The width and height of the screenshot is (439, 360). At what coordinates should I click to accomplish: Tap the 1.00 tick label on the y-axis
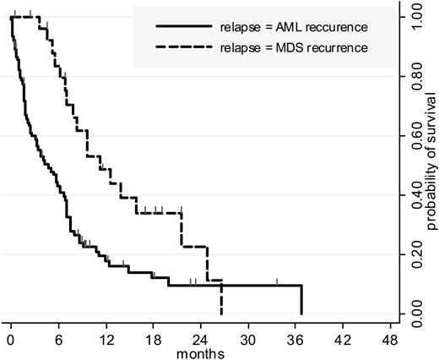(x=413, y=14)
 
